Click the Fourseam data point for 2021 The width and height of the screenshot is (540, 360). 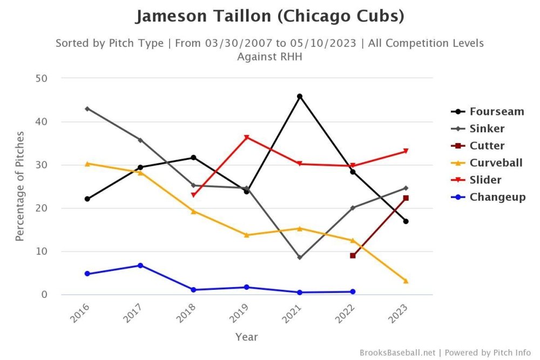point(300,97)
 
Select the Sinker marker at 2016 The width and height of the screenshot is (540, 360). point(87,108)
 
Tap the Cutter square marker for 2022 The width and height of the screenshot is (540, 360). point(353,255)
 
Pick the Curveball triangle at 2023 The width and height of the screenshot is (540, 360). point(406,281)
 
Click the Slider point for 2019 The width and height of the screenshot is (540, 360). point(246,137)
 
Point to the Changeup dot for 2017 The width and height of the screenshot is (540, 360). point(140,266)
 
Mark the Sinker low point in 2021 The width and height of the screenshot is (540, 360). point(300,257)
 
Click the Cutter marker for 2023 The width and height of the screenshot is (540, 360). point(406,198)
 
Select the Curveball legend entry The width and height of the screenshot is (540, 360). point(496,162)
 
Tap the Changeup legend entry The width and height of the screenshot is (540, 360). point(497,197)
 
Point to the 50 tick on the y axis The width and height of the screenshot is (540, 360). point(42,78)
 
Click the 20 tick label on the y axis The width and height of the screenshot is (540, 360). point(42,208)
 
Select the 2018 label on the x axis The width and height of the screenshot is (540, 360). point(187,313)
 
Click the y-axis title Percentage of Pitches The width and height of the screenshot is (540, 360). point(19,186)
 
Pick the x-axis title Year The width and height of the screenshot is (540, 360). point(246,337)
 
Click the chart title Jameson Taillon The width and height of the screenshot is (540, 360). point(269,16)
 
